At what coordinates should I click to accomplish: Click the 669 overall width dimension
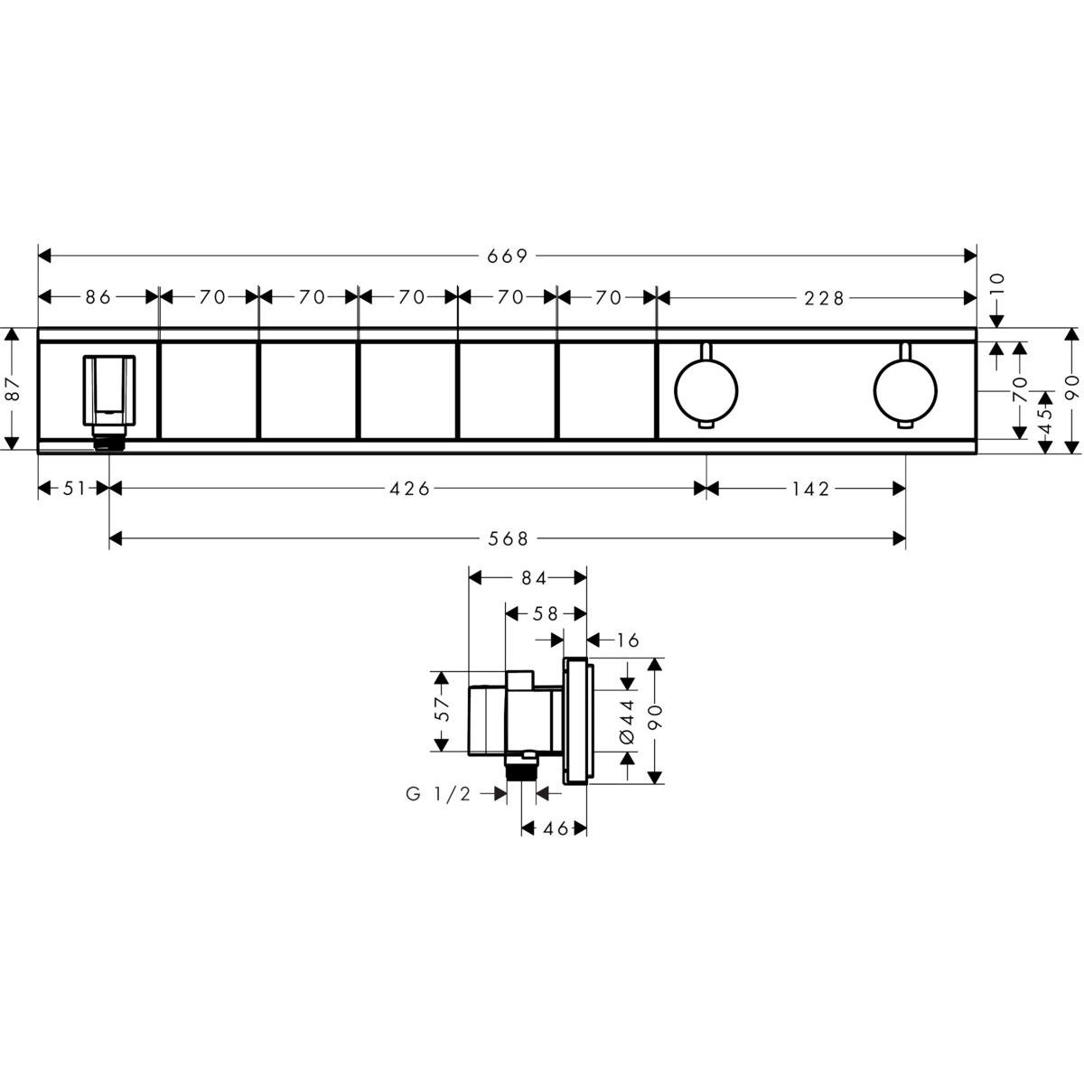pyautogui.click(x=507, y=257)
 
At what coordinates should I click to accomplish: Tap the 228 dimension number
pyautogui.click(x=823, y=296)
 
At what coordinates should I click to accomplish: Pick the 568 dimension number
pyautogui.click(x=508, y=539)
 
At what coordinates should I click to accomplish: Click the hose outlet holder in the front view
pyautogui.click(x=109, y=390)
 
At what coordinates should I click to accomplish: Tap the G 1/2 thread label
pyautogui.click(x=438, y=793)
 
